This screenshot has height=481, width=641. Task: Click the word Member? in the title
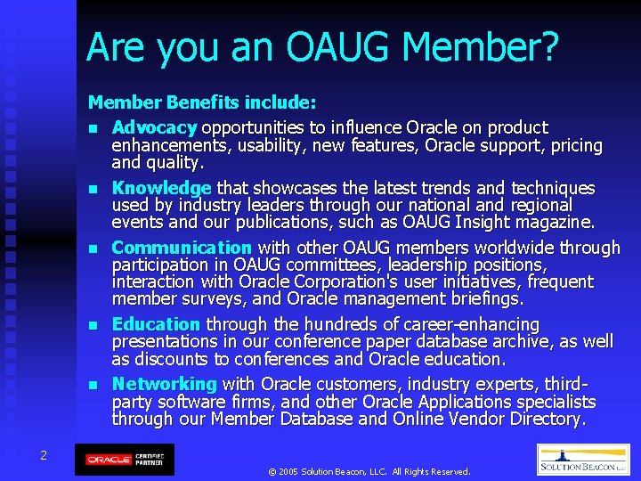coord(488,47)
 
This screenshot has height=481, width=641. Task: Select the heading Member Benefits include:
coord(202,104)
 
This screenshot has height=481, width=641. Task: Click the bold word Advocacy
coord(155,128)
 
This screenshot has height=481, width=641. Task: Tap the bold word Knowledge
coord(161,189)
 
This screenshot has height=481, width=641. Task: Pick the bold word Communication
coord(182,249)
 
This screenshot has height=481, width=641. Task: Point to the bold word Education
coord(156,325)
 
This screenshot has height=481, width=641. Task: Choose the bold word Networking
coord(164,385)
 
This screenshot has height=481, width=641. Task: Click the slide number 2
coord(43,455)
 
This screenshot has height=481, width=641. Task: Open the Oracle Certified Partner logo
coord(124,460)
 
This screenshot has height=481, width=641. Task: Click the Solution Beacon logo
coord(583,460)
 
